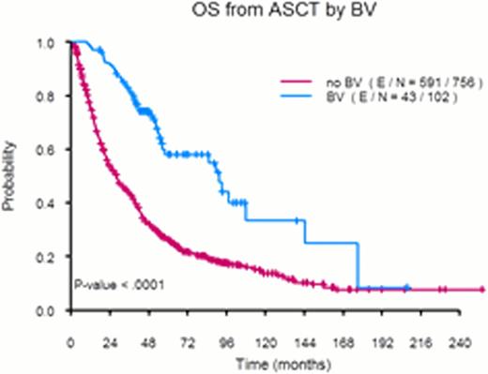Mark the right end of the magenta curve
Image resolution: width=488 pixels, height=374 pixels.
pos(481,290)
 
